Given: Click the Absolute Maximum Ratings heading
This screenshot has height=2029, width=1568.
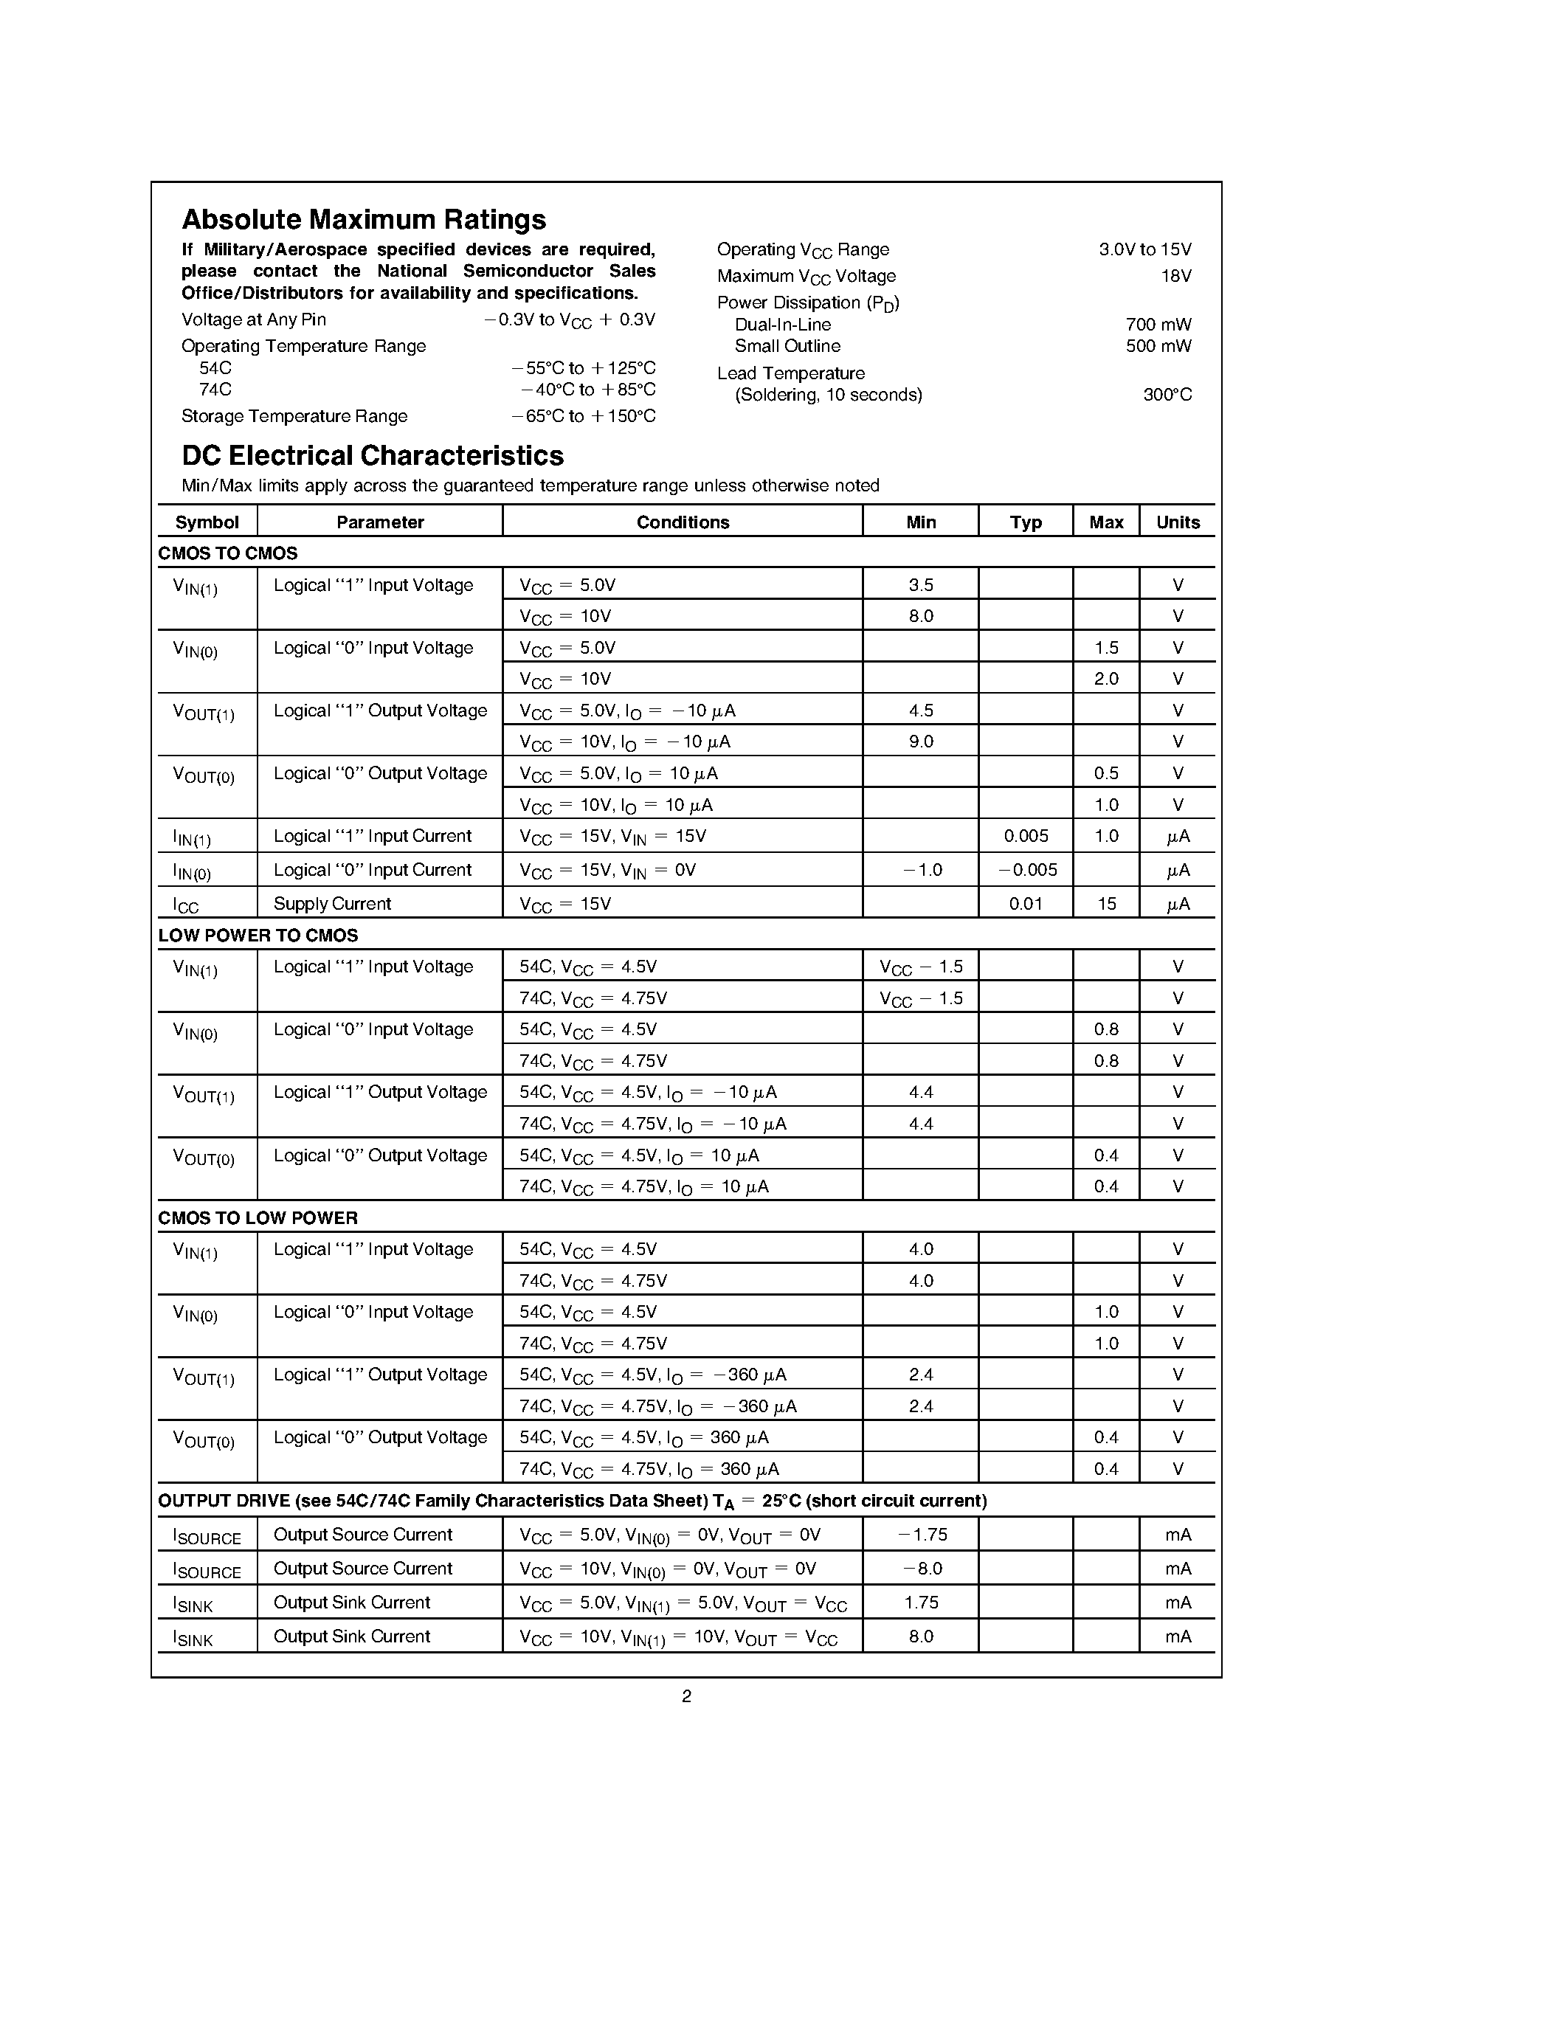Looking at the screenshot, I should tap(363, 220).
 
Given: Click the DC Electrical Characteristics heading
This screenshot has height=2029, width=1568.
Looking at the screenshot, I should tap(373, 456).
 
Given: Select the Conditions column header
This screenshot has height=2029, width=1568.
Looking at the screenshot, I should tap(682, 522).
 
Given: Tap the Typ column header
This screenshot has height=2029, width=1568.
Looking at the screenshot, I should tap(1026, 522).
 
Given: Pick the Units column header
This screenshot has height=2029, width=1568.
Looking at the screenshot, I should tap(1177, 522).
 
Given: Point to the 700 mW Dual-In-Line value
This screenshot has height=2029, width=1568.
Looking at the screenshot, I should tap(1158, 324).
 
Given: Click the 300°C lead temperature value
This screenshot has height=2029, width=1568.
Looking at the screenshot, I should tap(1167, 395).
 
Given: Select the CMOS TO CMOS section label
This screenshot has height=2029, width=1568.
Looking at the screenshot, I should tap(227, 553).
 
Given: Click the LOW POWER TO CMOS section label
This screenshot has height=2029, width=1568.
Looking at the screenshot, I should tap(258, 936).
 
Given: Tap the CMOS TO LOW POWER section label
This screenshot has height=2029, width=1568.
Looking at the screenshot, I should tap(258, 1218).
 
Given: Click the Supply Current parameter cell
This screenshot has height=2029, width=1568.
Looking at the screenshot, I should tap(331, 904).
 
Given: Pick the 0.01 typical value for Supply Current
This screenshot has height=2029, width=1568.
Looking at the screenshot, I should tap(1026, 904).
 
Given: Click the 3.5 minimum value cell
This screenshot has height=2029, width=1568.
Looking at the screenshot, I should tap(921, 585).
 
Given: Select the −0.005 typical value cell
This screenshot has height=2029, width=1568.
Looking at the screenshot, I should tap(1026, 871).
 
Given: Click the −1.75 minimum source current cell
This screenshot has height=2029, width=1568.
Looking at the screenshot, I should tap(922, 1535).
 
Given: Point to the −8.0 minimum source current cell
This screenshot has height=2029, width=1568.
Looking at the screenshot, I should tap(922, 1569).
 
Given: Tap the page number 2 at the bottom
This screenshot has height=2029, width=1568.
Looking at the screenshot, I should tap(686, 1696).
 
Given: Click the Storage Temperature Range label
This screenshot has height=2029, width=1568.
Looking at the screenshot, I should tap(294, 416).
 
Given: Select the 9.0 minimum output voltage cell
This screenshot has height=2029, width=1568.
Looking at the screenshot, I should tap(921, 742).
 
